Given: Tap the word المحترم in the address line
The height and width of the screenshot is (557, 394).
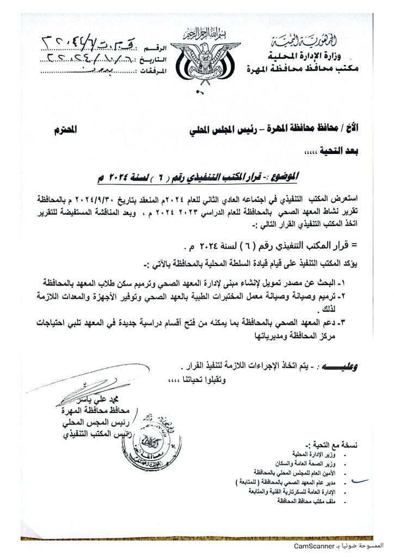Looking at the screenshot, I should point(81,131).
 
